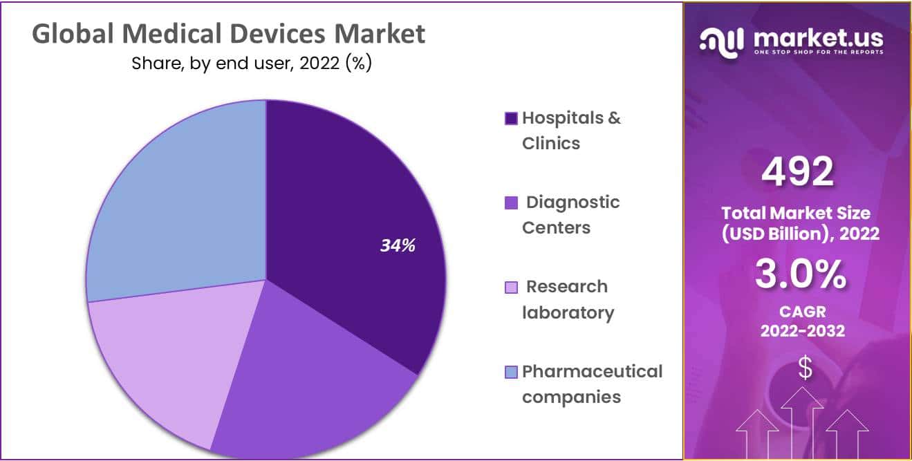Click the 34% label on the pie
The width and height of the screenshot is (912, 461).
click(x=398, y=245)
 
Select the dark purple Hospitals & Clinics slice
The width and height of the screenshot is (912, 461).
click(x=353, y=207)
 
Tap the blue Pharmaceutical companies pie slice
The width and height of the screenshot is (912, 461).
click(x=180, y=200)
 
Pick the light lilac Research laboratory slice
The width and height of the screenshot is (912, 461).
click(x=159, y=359)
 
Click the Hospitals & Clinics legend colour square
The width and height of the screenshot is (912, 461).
click(x=511, y=118)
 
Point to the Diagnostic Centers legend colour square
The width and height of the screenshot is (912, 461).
click(x=511, y=203)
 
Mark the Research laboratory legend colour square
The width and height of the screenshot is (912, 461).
click(x=511, y=288)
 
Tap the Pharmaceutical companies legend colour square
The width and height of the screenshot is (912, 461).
click(x=511, y=373)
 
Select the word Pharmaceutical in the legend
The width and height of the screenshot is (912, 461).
click(x=592, y=372)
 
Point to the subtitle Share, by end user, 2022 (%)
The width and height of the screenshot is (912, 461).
click(x=252, y=64)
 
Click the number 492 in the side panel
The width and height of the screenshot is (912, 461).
click(x=797, y=172)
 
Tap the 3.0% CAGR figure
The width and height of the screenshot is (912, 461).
click(x=800, y=275)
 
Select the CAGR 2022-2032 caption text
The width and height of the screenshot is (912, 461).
click(x=802, y=321)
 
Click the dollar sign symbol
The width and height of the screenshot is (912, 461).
click(x=805, y=368)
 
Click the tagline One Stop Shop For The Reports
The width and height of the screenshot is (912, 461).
click(x=819, y=53)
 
